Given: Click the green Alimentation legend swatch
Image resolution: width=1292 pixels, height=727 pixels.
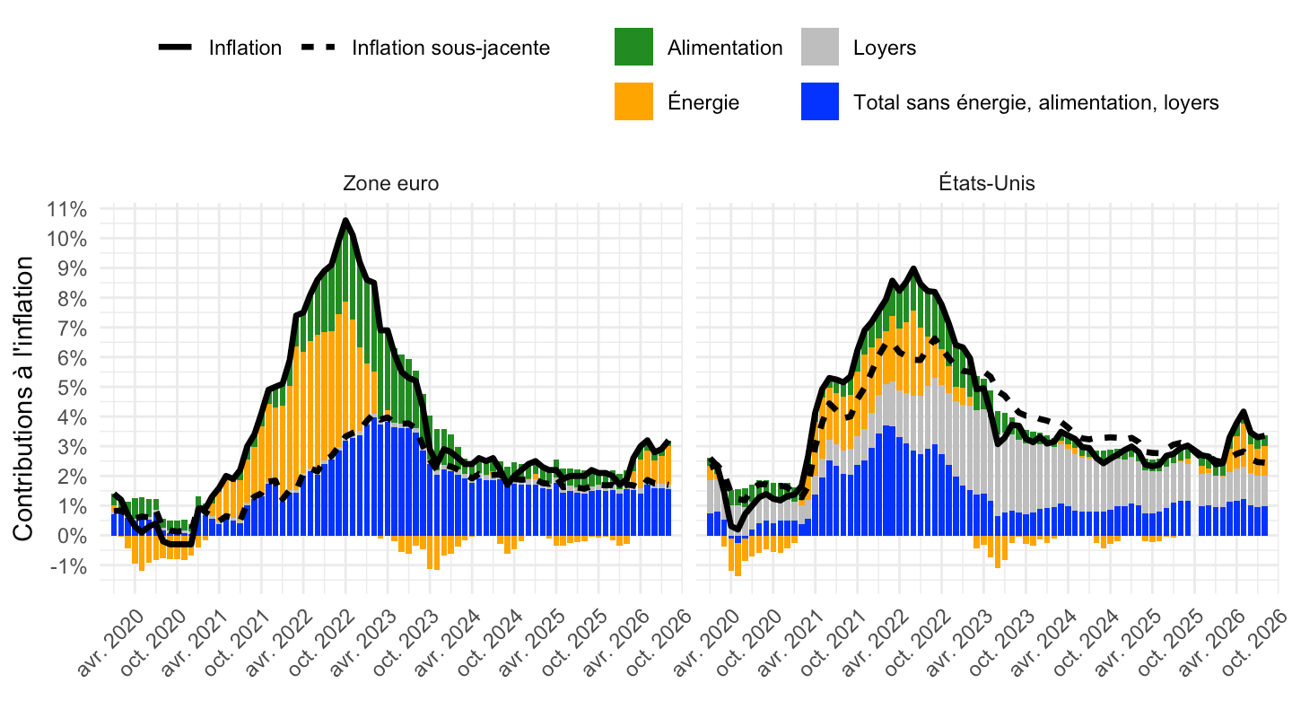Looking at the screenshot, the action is tap(633, 47).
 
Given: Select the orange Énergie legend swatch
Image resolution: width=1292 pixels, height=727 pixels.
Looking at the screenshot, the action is tap(633, 101).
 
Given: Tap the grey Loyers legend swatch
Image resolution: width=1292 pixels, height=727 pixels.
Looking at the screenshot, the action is tap(820, 47).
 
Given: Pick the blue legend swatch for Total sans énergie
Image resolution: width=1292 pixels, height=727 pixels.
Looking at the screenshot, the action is tap(820, 101).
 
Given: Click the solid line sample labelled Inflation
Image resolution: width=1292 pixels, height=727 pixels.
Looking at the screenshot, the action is tap(175, 48).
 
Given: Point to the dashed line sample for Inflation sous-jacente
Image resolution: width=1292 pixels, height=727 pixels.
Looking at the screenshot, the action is tap(318, 48).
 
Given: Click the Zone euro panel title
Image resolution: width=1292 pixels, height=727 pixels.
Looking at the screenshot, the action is tap(391, 183).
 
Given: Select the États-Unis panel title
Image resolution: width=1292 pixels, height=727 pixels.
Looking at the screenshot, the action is tap(987, 183).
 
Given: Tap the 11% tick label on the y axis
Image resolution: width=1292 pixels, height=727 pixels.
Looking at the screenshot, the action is tap(67, 209).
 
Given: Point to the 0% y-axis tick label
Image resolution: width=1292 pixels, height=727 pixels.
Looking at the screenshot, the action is tap(72, 536).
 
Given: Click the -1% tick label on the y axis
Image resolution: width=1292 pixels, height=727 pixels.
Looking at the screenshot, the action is tap(68, 566).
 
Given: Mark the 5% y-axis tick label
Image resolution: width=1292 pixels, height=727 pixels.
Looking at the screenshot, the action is tap(72, 388).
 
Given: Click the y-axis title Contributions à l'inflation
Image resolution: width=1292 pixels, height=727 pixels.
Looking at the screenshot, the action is tap(23, 399).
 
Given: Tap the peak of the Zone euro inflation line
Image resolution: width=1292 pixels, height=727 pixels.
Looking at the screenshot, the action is tap(345, 220).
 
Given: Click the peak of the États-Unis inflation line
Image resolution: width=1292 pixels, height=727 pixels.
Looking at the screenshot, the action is tap(913, 268).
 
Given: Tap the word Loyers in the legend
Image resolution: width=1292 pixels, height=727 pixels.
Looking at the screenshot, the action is tap(885, 48).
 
